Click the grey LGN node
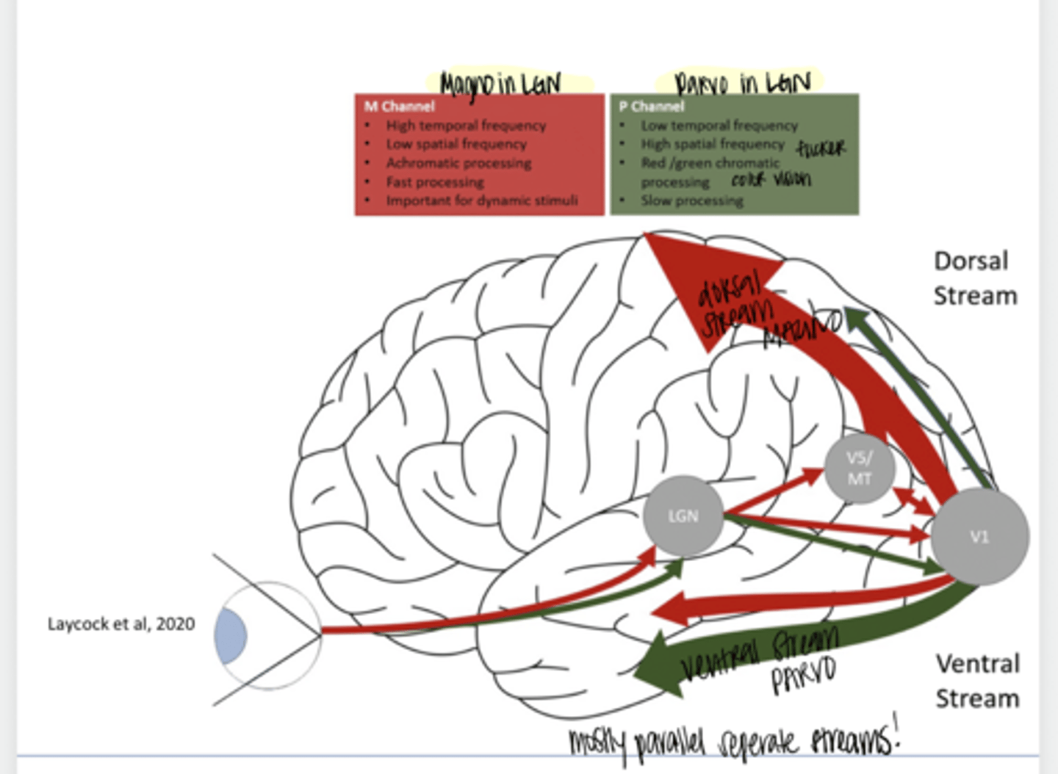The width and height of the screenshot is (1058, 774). (683, 516)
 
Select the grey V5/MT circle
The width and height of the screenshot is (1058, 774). (859, 469)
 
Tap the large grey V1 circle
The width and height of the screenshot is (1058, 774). (979, 537)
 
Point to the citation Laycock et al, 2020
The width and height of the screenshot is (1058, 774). (121, 624)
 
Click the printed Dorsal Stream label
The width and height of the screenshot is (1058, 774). (974, 278)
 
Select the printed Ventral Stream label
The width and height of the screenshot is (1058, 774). (977, 681)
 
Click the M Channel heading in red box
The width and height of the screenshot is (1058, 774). (400, 106)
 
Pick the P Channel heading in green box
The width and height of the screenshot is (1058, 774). (651, 106)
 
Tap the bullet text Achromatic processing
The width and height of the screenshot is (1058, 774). (458, 163)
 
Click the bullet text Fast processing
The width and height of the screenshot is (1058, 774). (435, 182)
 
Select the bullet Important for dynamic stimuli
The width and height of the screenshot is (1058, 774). (481, 200)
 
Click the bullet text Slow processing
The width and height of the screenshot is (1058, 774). (691, 200)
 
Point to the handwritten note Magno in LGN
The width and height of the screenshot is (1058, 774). (500, 84)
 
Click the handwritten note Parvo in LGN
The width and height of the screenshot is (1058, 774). (742, 82)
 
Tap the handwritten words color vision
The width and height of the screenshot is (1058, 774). (771, 179)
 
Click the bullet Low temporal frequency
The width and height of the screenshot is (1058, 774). (719, 126)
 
